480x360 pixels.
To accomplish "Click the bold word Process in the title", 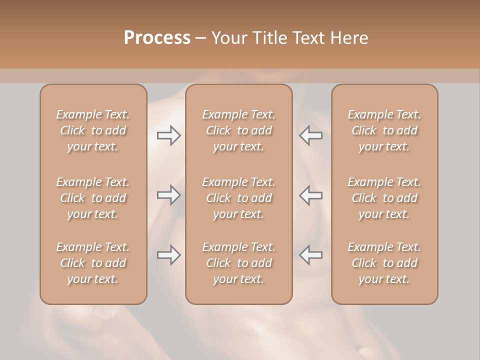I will (157, 38).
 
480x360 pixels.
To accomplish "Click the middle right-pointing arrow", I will (168, 195).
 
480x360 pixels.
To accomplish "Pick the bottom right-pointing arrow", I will (168, 255).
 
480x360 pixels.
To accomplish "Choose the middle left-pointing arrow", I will (310, 195).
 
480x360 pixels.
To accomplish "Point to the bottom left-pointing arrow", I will (310, 255).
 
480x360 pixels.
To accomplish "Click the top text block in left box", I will (93, 130).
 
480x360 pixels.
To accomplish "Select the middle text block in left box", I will (93, 198).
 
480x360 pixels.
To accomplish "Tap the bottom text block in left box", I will (93, 263).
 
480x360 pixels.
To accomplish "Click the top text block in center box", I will (238, 130).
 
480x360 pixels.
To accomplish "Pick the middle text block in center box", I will (238, 198).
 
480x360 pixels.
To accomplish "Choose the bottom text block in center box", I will (238, 263).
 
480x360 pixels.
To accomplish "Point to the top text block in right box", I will (384, 130).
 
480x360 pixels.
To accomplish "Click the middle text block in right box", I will (384, 198).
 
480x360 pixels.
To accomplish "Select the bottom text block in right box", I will (384, 263).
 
